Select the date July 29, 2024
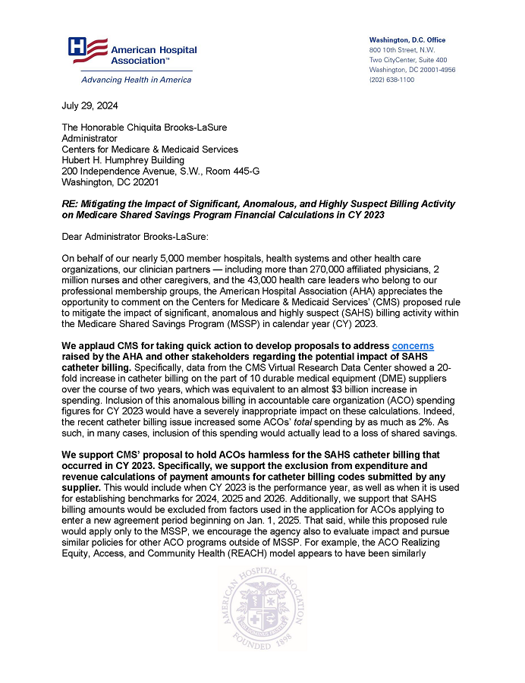click(85, 106)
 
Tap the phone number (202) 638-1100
click(391, 80)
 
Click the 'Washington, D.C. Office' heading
click(407, 39)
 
